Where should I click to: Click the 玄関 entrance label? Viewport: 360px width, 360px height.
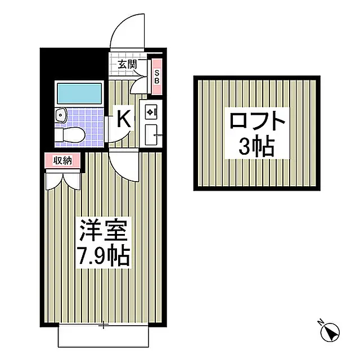coord(128,65)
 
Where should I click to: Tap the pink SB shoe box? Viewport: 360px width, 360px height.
coord(157,76)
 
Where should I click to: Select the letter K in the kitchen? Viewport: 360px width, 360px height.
coord(124,119)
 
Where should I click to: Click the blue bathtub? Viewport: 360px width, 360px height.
coord(79,93)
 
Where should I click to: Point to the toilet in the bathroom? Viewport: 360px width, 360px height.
coord(70,136)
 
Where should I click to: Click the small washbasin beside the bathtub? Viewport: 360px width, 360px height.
coord(61,115)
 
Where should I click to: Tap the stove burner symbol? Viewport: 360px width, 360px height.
coord(150,112)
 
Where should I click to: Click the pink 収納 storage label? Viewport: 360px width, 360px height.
coord(62,160)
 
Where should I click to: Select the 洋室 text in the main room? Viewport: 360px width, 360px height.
coord(103,230)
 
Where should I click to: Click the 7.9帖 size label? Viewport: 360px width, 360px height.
coord(103,255)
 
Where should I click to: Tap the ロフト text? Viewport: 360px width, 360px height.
coord(257,120)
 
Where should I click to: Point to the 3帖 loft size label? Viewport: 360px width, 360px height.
coord(256,147)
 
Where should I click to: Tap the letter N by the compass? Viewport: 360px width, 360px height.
coord(320,322)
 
